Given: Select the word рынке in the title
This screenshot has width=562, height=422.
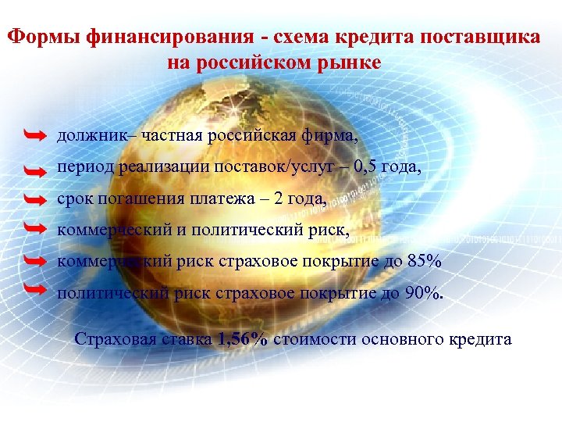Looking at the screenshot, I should tap(350, 62).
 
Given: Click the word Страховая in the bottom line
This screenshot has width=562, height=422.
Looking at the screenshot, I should tap(109, 339).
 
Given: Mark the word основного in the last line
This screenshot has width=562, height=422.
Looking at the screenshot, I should tap(397, 339).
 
